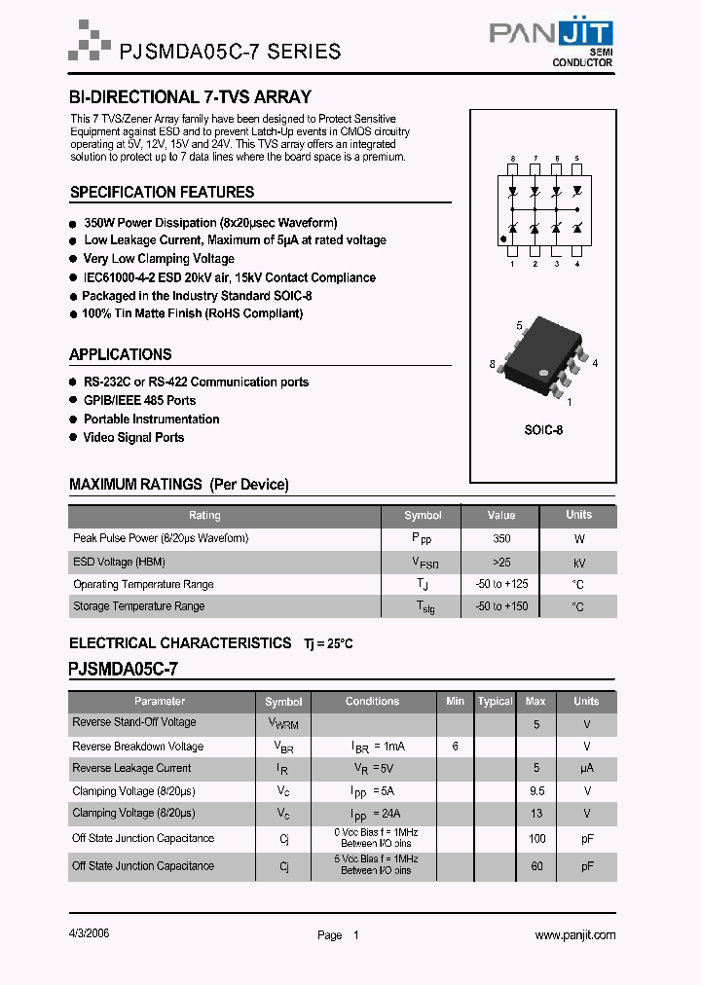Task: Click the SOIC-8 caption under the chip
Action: (x=544, y=429)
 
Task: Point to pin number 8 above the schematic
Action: (x=512, y=158)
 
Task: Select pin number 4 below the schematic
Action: (x=577, y=264)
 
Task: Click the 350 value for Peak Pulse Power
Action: (x=501, y=538)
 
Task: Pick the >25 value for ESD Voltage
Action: (x=501, y=562)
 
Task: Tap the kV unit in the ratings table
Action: (x=578, y=563)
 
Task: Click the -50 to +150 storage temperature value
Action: (x=501, y=606)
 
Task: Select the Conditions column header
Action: (x=372, y=701)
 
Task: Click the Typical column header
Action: (x=495, y=702)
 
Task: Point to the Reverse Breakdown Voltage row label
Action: (x=137, y=747)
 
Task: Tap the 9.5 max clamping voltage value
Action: (x=535, y=791)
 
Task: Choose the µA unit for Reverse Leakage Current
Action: (x=586, y=769)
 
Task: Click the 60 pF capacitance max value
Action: (x=535, y=865)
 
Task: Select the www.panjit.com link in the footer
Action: (x=574, y=935)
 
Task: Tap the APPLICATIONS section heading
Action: (x=121, y=355)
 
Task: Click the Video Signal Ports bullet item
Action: (x=133, y=438)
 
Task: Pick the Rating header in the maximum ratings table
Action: (x=204, y=515)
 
